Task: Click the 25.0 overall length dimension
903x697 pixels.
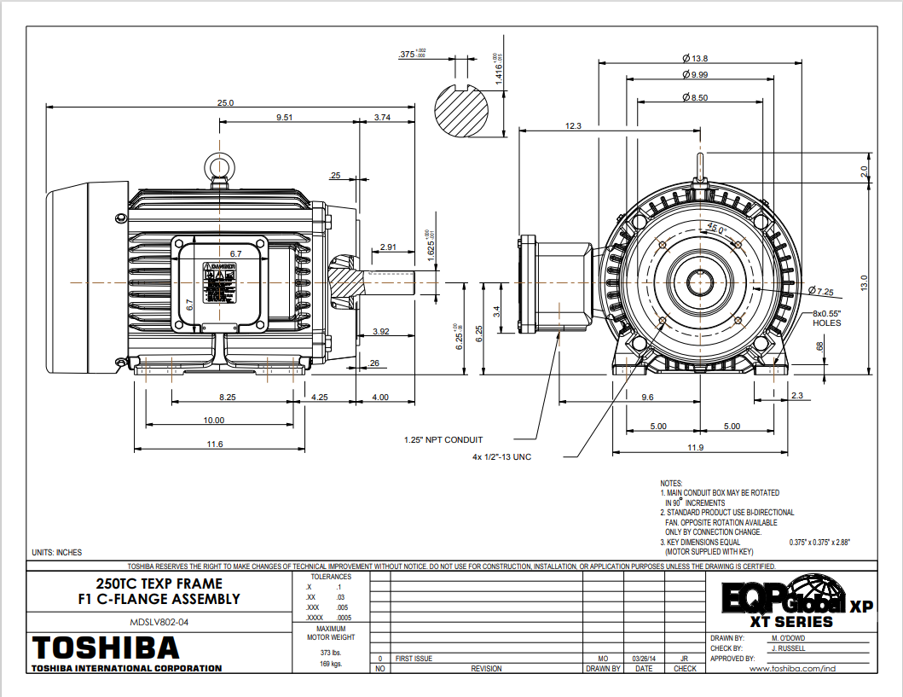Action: [x=225, y=102]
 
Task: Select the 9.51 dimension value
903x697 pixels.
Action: [x=285, y=118]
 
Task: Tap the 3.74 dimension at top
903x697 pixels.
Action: [x=382, y=118]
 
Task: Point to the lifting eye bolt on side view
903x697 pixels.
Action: [x=219, y=166]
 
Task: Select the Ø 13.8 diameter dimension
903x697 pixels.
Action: [x=696, y=58]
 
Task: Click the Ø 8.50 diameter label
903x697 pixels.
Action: [x=695, y=98]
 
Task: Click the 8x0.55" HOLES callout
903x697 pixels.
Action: [x=826, y=317]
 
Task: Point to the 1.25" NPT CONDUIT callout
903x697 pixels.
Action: [x=443, y=440]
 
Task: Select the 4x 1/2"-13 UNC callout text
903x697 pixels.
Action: [x=501, y=457]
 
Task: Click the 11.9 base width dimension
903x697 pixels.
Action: [x=695, y=448]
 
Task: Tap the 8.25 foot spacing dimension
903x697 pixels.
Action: [x=228, y=398]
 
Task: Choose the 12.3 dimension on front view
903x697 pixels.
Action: [x=573, y=126]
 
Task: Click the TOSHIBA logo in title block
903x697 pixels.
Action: [x=105, y=646]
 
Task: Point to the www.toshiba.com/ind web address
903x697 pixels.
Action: [x=791, y=669]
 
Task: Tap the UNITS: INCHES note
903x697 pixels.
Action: [x=56, y=553]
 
